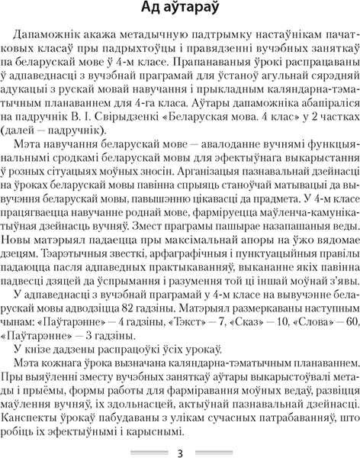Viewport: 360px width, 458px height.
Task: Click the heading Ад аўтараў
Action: coord(181,10)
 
